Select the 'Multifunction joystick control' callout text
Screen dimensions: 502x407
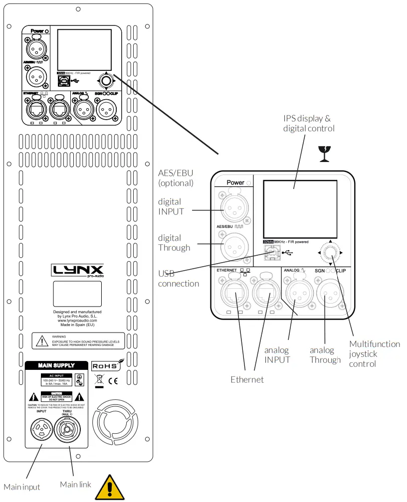(374, 353)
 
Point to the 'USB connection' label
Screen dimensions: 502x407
(179, 278)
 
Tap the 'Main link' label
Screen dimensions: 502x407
(75, 484)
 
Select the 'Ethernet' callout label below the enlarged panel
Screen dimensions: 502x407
(247, 379)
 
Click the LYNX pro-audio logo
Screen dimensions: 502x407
(78, 272)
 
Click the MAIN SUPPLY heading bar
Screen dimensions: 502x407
(56, 365)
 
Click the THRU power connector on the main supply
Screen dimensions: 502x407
(67, 430)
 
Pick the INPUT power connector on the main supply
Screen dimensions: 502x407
(41, 430)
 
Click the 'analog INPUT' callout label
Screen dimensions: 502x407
(278, 355)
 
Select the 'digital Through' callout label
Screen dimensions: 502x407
(174, 243)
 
